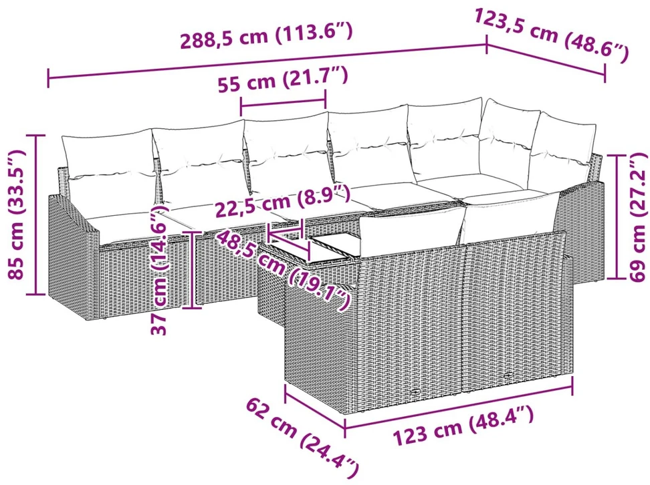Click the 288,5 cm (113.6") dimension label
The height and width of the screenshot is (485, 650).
pos(266,35)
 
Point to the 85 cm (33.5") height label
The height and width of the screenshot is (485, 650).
pos(17,215)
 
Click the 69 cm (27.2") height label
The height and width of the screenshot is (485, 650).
pos(637,216)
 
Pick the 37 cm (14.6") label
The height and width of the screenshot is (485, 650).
pos(160,270)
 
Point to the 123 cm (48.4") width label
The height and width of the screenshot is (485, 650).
pos(463,427)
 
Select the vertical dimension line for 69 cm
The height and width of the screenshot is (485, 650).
pos(617,216)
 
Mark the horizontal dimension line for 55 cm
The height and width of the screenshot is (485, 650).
pos(283,103)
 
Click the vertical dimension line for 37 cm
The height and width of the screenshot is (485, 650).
pos(193,269)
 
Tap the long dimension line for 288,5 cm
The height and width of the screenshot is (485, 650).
pos(267,61)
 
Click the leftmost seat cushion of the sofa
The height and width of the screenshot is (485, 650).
pos(124,223)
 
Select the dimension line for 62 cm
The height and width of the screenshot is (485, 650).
pos(315,406)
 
